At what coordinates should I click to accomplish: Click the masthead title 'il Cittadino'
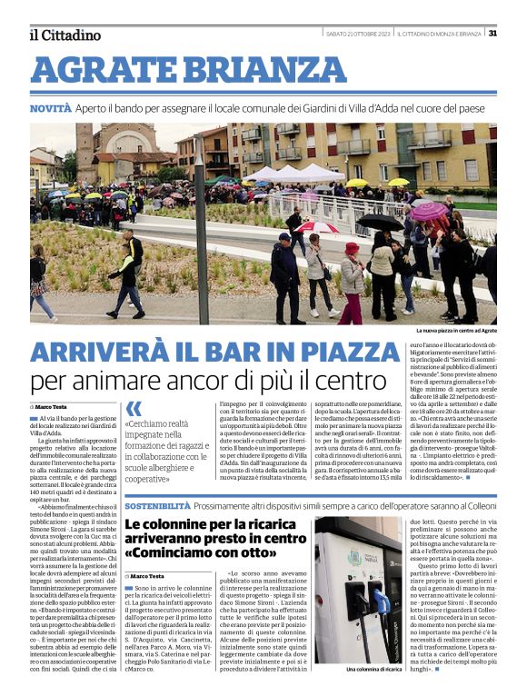coord(64,35)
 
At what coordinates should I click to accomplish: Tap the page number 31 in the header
coord(492,34)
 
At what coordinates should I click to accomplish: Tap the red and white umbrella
coord(318,227)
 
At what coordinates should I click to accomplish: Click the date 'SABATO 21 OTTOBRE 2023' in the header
coord(358,34)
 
